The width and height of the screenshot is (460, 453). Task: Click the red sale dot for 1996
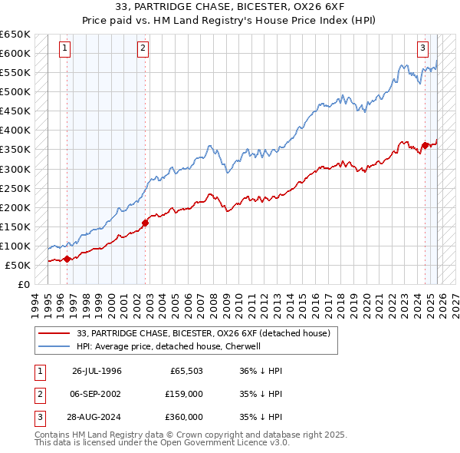tap(67, 259)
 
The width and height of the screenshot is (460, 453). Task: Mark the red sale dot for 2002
tap(145, 223)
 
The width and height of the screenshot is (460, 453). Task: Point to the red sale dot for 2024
tap(425, 144)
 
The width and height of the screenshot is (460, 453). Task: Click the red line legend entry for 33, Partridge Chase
tap(203, 333)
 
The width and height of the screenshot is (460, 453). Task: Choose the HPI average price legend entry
tap(169, 346)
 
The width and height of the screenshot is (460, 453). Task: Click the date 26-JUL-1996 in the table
tap(97, 371)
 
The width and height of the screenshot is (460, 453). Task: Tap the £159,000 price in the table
tap(184, 394)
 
